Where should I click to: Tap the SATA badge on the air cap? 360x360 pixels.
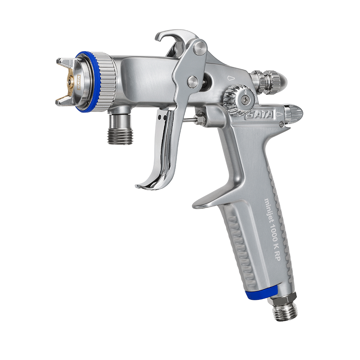point(78,82)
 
